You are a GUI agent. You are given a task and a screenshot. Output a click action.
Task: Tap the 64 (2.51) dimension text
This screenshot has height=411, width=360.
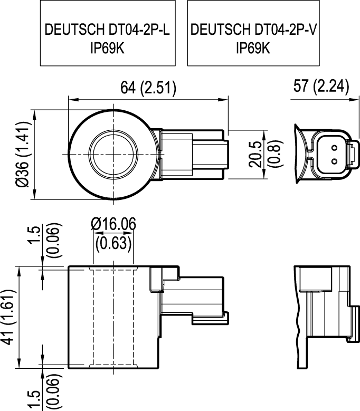tap(148, 88)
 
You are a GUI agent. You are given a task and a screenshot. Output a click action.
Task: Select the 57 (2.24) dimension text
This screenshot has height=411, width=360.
tap(321, 85)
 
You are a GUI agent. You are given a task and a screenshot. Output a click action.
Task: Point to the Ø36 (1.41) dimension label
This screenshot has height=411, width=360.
tap(23, 155)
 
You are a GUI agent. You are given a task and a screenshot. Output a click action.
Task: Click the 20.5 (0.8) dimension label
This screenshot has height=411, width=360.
tap(266, 154)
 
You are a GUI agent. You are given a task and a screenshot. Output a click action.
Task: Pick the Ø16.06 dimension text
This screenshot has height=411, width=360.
tap(113, 224)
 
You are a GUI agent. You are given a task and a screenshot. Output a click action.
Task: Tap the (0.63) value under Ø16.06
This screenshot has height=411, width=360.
tap(113, 243)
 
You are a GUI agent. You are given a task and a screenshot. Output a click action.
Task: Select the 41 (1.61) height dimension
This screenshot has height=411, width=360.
tap(8, 317)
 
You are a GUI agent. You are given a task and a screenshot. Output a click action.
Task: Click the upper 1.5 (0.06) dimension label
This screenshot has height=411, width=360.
tap(45, 240)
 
